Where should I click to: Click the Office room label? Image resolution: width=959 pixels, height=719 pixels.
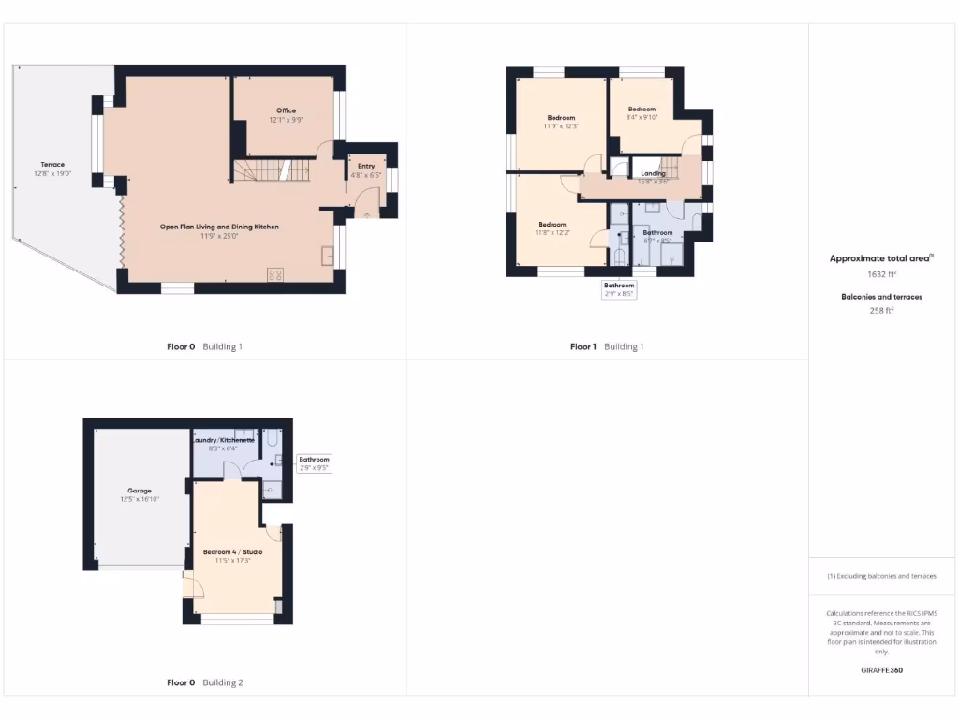coord(287,115)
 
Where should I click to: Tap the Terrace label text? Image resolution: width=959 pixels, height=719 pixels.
coord(53,169)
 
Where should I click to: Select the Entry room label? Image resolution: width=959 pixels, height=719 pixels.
coord(366,170)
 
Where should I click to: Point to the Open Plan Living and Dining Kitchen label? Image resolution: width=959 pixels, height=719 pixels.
coord(219,231)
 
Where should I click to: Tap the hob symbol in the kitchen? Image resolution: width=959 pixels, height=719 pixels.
coord(276,274)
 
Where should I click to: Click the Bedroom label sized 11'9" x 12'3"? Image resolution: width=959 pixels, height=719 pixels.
coord(561,122)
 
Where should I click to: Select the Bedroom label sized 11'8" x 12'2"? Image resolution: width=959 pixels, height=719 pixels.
coord(552,228)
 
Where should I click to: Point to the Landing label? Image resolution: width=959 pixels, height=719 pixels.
coord(653,178)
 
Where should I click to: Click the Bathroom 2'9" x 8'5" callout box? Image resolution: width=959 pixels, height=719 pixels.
coord(619,289)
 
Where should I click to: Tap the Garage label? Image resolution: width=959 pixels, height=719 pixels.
coord(140,494)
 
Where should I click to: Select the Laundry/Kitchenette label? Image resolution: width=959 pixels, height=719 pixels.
coord(223,444)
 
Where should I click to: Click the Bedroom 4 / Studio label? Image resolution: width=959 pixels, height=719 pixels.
coord(232,556)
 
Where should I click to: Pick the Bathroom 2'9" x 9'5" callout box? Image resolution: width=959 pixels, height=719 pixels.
coord(314,463)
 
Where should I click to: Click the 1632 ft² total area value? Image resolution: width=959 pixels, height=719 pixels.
coord(881,274)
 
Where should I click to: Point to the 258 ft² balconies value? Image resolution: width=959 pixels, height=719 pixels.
coord(881,310)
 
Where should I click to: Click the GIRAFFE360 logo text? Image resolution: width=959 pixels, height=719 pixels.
coord(881,670)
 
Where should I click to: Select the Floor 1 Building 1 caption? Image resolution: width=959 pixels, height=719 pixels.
coord(607,346)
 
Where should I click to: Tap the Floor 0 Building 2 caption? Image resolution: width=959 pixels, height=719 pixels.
coord(204,682)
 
